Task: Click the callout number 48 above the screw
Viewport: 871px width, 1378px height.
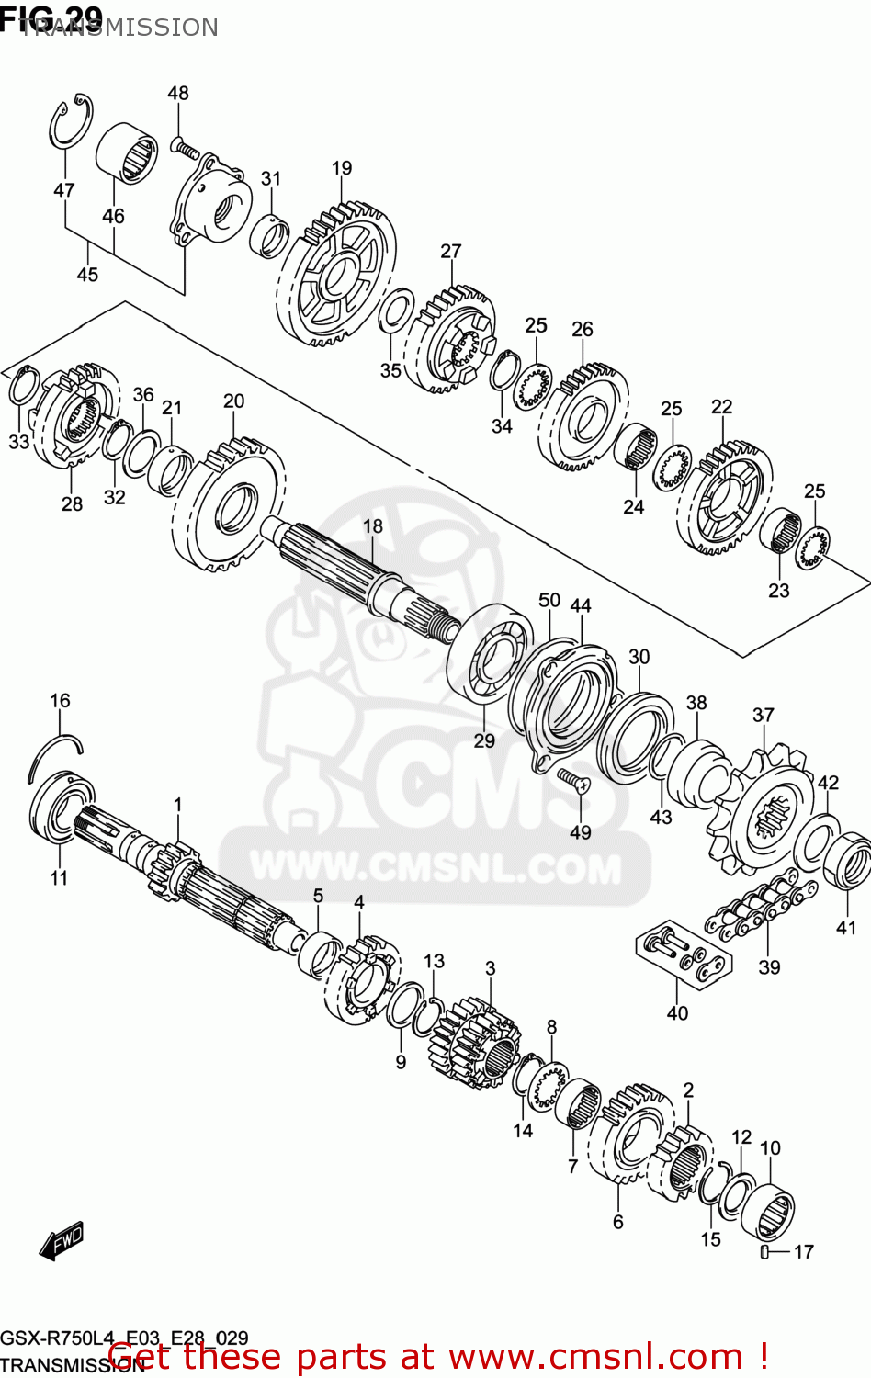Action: (x=178, y=93)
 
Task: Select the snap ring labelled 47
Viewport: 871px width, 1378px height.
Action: (x=70, y=121)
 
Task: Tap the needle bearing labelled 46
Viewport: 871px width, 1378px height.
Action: (x=127, y=152)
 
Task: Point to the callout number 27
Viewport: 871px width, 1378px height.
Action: (x=450, y=251)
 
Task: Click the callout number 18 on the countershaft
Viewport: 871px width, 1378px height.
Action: (x=372, y=526)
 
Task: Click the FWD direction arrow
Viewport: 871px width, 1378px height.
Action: (x=62, y=1241)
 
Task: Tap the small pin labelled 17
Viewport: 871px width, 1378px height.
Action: (x=764, y=1251)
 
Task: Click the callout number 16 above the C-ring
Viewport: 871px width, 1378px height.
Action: (x=60, y=701)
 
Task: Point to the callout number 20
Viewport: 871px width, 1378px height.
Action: (x=233, y=401)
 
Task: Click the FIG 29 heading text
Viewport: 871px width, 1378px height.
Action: (x=51, y=17)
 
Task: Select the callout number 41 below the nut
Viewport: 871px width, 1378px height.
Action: (x=845, y=928)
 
